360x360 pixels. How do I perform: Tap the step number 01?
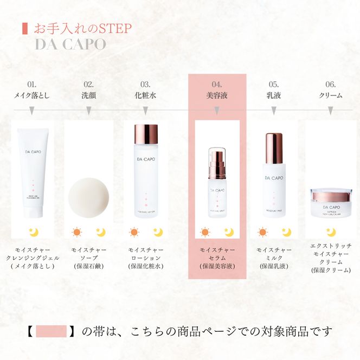coord(32,84)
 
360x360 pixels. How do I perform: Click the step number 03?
coord(145,84)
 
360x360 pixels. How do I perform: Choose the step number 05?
coord(274,84)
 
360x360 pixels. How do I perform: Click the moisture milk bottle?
coord(274,173)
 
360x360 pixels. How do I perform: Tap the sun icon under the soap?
coord(77,233)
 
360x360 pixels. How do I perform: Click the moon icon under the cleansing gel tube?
coord(34,233)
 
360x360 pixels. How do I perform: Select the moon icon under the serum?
coord(228,233)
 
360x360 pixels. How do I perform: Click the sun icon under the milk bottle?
coord(263,233)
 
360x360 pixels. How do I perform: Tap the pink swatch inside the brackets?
coord(51,331)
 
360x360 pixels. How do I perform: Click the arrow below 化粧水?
coord(145,111)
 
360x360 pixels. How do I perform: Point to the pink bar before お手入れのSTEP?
coord(23,28)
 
